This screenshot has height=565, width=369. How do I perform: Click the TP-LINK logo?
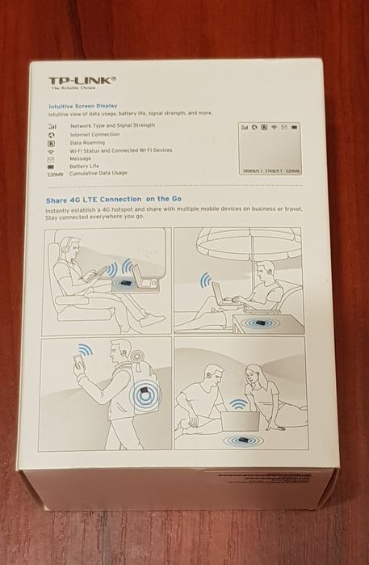(83, 81)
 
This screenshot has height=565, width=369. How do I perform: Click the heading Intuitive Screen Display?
(82, 106)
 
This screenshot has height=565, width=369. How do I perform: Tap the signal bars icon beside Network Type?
(52, 126)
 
